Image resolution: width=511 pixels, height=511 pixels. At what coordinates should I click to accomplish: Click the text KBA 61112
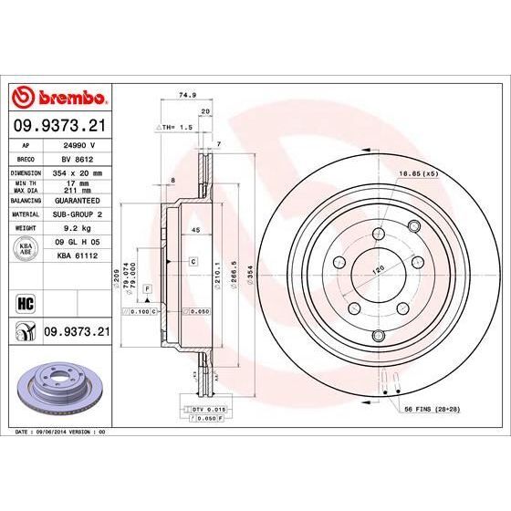77,258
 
